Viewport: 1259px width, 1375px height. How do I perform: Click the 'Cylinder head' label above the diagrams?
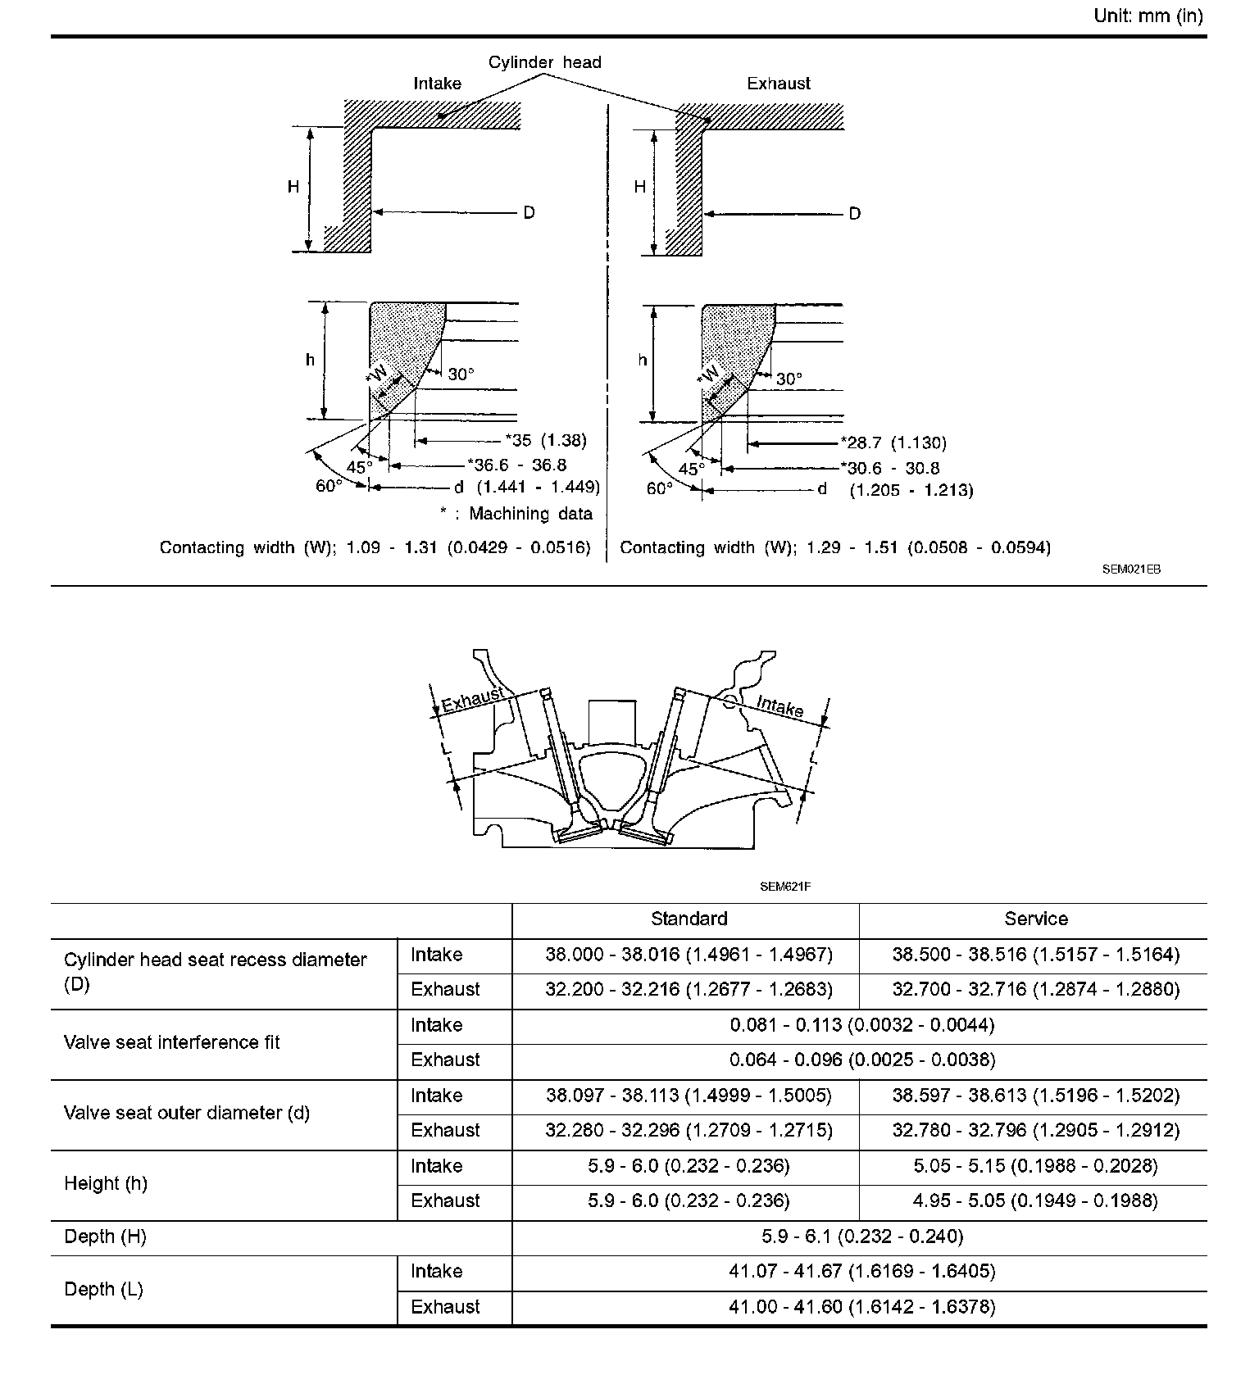click(544, 62)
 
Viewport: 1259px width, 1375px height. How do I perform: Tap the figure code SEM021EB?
click(1131, 570)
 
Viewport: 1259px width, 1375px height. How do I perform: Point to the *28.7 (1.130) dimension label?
click(893, 443)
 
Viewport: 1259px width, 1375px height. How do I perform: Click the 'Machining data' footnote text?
click(530, 514)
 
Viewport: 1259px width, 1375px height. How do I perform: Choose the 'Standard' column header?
click(689, 919)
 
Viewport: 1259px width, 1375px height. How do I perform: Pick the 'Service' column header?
click(1036, 919)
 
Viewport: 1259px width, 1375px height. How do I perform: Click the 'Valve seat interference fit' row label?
click(172, 1042)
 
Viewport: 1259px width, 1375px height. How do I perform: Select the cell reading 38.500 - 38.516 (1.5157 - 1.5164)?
click(1036, 955)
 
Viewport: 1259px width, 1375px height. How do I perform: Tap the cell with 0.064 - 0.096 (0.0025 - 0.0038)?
click(862, 1060)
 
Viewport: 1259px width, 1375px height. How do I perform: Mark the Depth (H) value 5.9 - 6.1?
click(862, 1236)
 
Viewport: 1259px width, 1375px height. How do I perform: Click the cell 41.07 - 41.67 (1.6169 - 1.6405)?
click(862, 1271)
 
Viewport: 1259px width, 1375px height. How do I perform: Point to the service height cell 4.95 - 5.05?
click(1036, 1200)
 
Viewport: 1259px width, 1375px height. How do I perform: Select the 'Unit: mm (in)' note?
click(1148, 16)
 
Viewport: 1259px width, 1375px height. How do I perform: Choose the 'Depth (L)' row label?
click(103, 1289)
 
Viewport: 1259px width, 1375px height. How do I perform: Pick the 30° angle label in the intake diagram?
click(461, 374)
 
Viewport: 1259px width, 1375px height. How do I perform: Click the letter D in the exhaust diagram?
click(855, 214)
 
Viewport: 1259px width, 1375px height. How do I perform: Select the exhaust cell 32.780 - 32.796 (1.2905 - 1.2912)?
click(1036, 1130)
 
